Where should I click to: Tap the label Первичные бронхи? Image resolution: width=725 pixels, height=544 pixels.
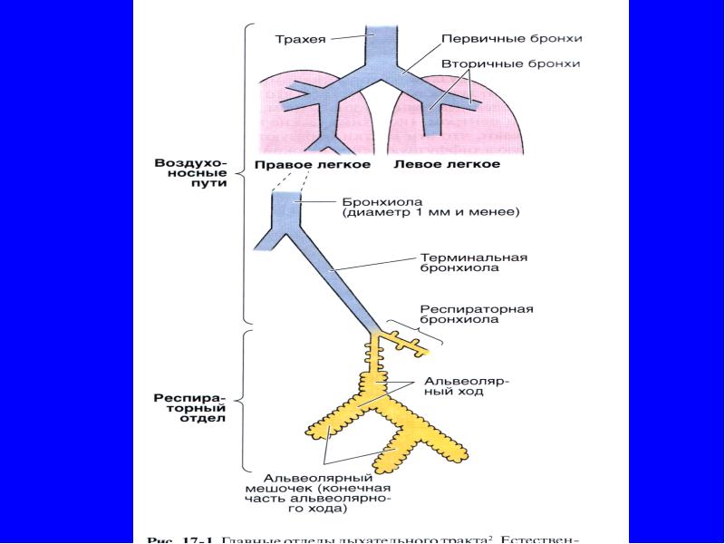[x=511, y=39]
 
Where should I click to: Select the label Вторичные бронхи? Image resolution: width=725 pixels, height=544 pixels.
[x=510, y=63]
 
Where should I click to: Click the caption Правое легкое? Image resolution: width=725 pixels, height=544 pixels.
[x=312, y=165]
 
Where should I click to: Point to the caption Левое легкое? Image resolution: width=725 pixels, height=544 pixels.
[x=447, y=165]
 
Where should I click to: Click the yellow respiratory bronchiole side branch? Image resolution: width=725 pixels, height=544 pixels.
[x=403, y=341]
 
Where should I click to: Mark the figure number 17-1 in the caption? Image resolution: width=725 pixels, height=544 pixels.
[x=194, y=539]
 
